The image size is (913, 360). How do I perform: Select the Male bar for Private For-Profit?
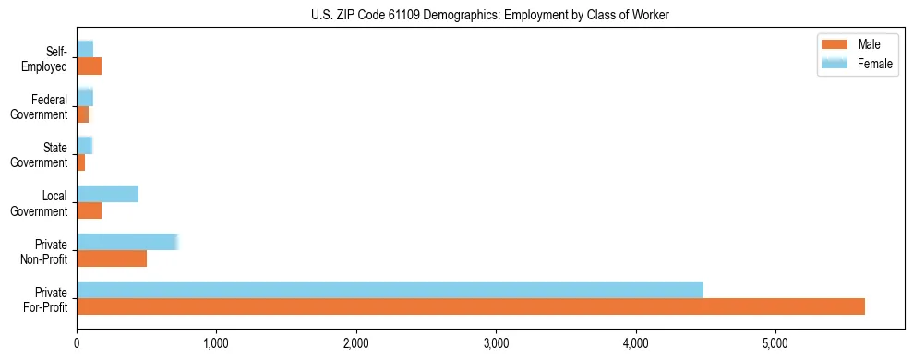point(471,306)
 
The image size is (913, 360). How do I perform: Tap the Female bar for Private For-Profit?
point(390,290)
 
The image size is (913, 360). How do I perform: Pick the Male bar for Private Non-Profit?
point(112,259)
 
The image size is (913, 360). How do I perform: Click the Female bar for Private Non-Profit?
point(126,242)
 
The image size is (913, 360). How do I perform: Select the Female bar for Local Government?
point(107,194)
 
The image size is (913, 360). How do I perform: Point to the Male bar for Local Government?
point(89,211)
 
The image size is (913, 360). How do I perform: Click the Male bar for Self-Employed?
point(89,66)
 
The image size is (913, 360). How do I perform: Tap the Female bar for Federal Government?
point(85,97)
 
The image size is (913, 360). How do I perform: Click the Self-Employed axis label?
point(50,59)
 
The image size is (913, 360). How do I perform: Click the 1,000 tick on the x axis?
point(216,345)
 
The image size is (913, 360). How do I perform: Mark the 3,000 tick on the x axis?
point(496,345)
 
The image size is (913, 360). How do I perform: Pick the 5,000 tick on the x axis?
point(775,345)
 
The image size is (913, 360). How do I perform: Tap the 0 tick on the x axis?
point(77,345)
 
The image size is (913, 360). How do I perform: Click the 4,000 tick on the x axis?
point(636,345)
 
